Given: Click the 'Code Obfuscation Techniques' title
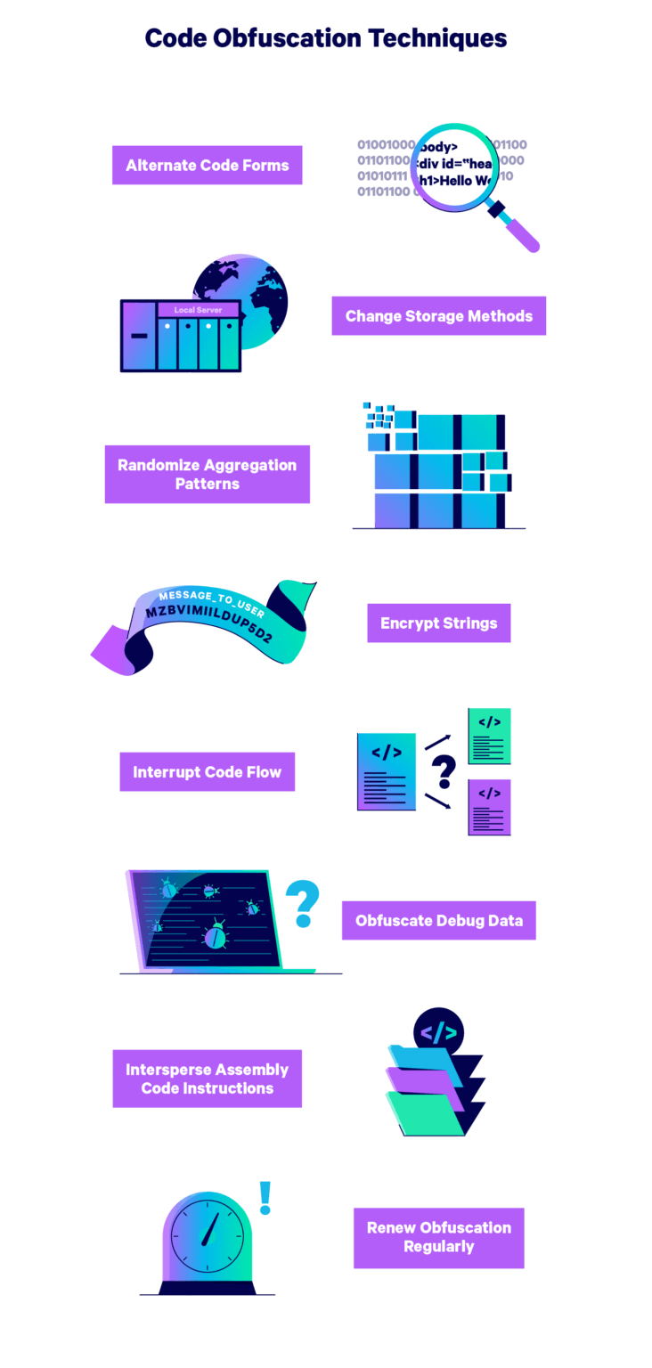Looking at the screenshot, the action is tap(325, 38).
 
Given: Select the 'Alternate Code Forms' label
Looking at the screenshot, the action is tap(207, 165).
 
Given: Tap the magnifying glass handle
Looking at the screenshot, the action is tap(513, 226).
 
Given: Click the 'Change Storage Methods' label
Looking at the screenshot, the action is tap(439, 316).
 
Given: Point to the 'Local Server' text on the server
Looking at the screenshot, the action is tap(198, 310).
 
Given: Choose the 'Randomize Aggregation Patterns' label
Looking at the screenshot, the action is tap(207, 474).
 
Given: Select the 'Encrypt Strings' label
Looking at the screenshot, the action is tap(439, 623).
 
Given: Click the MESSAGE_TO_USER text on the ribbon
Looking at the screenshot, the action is tap(211, 603).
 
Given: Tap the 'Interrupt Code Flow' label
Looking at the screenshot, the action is tap(207, 772).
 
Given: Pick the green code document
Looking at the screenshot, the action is tap(489, 736).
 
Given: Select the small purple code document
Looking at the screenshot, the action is tap(489, 807).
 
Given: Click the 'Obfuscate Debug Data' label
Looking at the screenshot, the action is tap(439, 920).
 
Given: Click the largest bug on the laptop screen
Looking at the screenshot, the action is tap(215, 934).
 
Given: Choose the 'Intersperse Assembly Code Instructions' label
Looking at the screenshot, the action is tap(207, 1079).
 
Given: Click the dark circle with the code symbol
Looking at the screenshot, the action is tap(438, 1032).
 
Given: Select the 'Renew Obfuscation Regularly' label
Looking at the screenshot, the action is tap(439, 1237).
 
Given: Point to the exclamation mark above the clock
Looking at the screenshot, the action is tap(265, 1198).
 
